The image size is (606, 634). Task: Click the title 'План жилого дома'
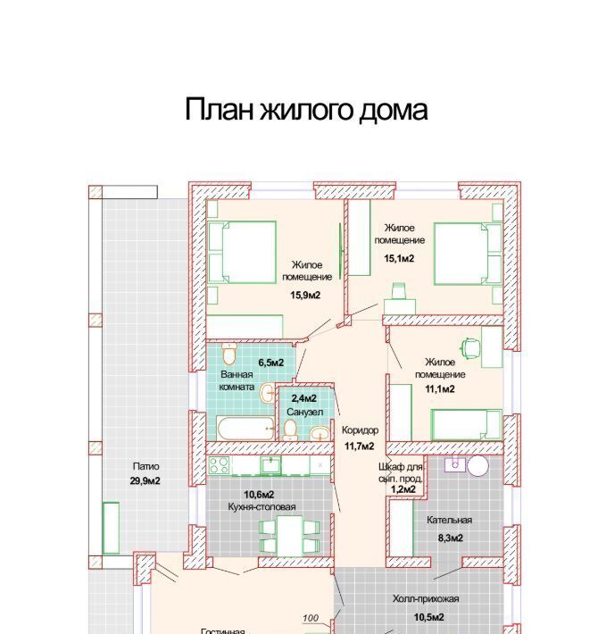(306, 110)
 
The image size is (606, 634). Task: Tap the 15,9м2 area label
(305, 296)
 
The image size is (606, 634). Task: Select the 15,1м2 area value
(399, 258)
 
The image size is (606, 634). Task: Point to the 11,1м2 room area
(440, 389)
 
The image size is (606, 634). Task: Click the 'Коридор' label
(360, 430)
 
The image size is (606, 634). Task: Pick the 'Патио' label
(145, 466)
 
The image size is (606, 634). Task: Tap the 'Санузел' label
(304, 412)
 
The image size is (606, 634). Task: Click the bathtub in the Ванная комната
(245, 429)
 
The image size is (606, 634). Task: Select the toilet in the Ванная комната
(229, 354)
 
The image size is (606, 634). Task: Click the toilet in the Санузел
(290, 430)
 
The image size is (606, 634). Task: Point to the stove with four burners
(219, 465)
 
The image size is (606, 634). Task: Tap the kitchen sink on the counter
(270, 465)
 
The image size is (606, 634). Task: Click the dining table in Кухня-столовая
(289, 536)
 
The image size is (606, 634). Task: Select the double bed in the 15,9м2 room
(242, 252)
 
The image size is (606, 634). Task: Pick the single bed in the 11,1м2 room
(466, 424)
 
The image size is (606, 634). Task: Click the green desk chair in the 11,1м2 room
(470, 347)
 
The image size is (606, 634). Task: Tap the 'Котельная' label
(449, 520)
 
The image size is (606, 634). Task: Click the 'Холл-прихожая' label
(426, 599)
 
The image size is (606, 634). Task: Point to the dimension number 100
(311, 618)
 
